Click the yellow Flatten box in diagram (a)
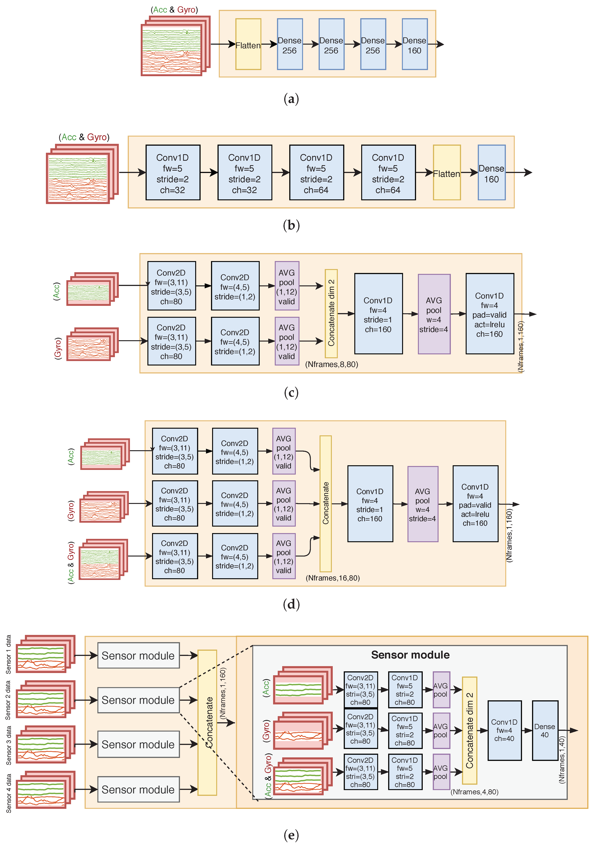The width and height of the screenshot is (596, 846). [248, 44]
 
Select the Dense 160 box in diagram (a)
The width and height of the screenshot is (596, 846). [415, 44]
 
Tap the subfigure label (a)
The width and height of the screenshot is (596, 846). [291, 99]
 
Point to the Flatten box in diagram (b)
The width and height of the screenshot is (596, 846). [447, 172]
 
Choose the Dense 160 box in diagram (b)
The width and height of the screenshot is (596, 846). [491, 172]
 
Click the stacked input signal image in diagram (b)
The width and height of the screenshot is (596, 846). [82, 174]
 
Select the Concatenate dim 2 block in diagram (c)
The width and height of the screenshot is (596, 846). [331, 313]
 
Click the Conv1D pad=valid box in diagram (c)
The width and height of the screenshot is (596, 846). [489, 314]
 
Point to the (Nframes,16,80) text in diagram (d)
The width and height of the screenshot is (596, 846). [332, 578]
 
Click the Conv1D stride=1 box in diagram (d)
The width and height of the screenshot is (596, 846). [370, 504]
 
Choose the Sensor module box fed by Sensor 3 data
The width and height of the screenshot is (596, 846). [138, 744]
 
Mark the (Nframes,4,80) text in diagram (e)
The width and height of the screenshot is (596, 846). [474, 792]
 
